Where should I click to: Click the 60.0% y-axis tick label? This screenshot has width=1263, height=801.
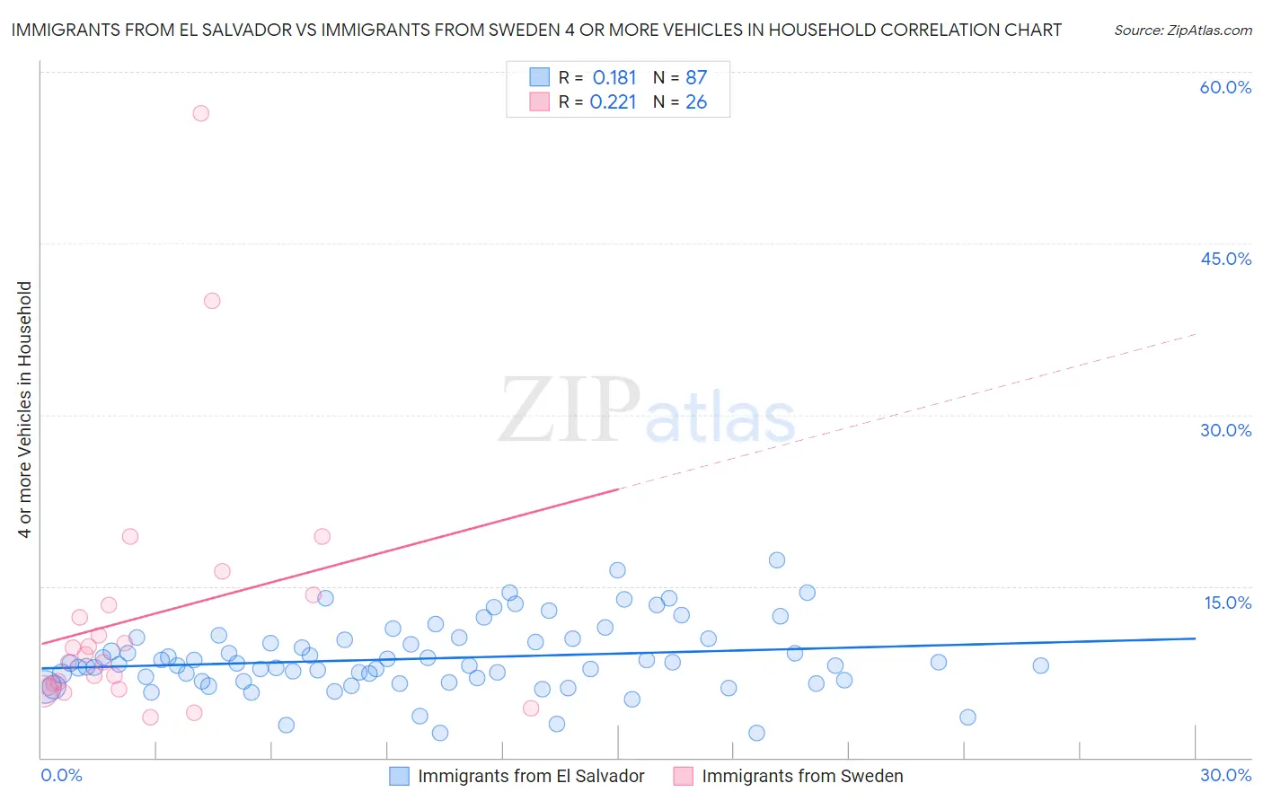tap(1225, 87)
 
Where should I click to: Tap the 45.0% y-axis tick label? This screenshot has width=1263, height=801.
tap(1225, 259)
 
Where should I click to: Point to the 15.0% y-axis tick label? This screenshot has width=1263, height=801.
tap(1227, 603)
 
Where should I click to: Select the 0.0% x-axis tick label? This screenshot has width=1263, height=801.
tap(61, 775)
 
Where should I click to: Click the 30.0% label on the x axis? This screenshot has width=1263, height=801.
tap(1225, 775)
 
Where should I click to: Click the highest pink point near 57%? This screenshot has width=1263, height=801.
tap(201, 113)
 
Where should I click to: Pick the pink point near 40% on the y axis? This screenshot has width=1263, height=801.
tap(212, 301)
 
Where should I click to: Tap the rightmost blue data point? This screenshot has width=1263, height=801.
tap(1040, 665)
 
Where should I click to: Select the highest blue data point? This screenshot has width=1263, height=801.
tap(777, 560)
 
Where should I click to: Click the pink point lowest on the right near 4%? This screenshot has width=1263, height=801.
tap(531, 709)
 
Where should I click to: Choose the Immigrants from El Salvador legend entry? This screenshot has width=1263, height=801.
tap(517, 776)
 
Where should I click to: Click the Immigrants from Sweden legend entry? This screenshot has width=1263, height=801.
tap(789, 776)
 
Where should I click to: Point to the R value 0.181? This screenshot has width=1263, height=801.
tap(614, 78)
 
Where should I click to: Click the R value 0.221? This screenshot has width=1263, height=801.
tap(614, 102)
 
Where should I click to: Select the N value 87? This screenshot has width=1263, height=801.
tap(696, 78)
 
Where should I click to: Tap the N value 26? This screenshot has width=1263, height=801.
tap(696, 102)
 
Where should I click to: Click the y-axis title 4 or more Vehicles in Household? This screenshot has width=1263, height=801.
tap(25, 409)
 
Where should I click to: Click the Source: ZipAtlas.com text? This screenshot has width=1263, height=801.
tap(1182, 31)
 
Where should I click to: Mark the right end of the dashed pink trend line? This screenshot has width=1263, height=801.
tap(1196, 334)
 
